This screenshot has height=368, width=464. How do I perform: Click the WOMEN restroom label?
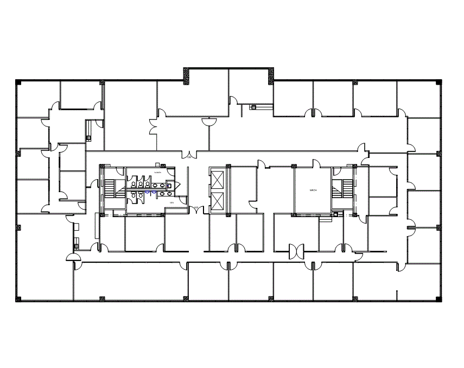coord(158,173)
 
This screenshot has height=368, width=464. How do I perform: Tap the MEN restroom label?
coord(172,202)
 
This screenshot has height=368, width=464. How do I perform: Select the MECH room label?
coord(313,191)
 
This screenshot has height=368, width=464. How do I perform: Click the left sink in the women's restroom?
coord(155,185)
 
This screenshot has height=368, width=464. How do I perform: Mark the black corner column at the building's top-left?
coord(18,83)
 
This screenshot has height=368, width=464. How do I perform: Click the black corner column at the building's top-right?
coord(438,83)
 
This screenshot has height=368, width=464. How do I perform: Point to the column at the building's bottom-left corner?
coord(18,299)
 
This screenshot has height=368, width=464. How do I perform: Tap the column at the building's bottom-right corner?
coord(438,299)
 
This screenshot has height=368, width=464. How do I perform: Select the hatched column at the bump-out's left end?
coord(186,75)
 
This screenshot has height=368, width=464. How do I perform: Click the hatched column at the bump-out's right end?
coord(270,75)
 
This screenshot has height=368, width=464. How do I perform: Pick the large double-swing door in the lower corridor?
coord(296,250)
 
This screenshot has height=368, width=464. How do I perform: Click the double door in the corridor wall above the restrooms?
coord(189,154)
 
